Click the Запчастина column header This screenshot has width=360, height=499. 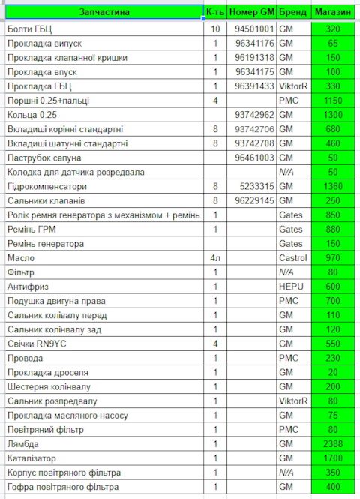(103, 12)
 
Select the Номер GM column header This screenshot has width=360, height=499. (252, 12)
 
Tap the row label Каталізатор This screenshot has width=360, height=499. (31, 458)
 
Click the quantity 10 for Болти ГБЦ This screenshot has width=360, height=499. (215, 29)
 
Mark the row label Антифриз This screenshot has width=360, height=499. (26, 287)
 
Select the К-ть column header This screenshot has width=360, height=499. (215, 12)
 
